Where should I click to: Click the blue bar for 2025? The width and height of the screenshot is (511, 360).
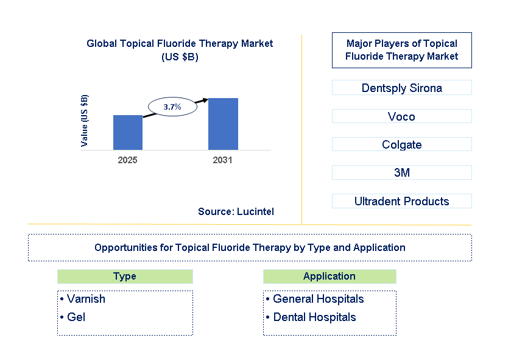[128, 132]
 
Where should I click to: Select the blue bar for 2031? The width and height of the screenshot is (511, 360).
[223, 124]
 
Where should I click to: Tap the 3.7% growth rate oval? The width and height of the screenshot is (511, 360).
[172, 107]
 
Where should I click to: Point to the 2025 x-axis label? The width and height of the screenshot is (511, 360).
[128, 160]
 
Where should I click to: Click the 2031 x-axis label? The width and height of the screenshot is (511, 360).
[222, 160]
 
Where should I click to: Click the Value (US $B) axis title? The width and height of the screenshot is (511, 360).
[85, 121]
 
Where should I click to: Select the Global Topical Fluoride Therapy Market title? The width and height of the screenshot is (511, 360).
[180, 50]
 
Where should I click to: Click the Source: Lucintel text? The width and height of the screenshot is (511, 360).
[236, 211]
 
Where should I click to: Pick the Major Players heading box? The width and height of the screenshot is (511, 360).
[401, 50]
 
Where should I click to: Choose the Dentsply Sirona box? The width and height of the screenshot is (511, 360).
[401, 88]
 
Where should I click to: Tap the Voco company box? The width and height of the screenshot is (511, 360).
[401, 116]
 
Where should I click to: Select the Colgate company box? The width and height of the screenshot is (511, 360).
[401, 144]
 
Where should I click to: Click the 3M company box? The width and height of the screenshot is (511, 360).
[401, 173]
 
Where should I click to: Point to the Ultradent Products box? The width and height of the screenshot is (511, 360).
[401, 201]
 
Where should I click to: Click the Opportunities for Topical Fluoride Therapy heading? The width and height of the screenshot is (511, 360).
[250, 247]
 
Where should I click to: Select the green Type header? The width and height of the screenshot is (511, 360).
[125, 277]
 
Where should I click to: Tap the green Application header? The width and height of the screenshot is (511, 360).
[330, 277]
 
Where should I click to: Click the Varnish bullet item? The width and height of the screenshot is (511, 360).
[83, 299]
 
